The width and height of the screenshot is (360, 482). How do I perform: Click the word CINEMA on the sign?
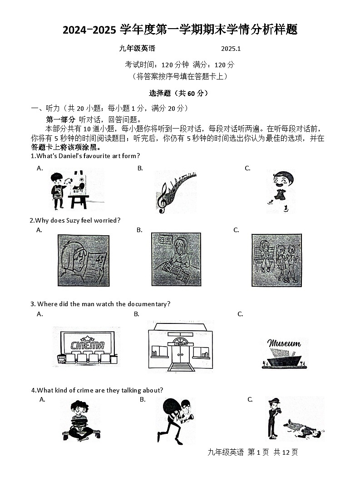pos(88,345)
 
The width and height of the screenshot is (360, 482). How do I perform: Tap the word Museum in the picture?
pos(284,343)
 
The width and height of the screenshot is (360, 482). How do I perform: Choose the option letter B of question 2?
pos(139,230)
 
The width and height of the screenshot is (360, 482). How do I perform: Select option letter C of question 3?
pos(241,314)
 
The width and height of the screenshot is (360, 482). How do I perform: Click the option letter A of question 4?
pos(42,399)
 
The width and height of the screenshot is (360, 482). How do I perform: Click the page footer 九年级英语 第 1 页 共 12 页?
pos(252,452)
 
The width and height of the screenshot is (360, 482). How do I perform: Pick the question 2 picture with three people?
pos(276,260)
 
